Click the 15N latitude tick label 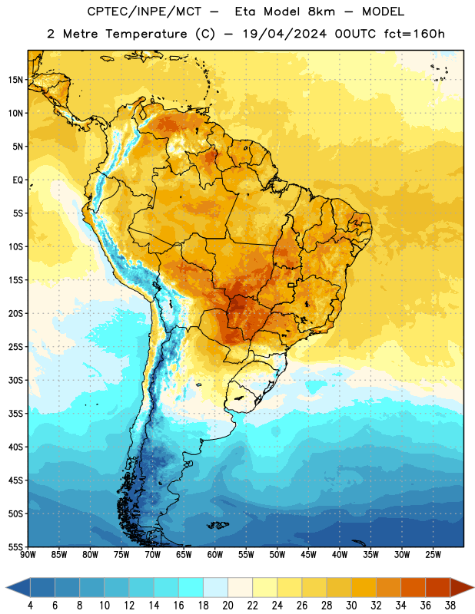point(15,80)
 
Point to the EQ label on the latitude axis point(18,180)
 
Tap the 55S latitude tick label point(15,546)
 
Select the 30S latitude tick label point(15,380)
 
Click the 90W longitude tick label point(28,555)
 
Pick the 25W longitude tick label point(433,555)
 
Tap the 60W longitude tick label point(215,555)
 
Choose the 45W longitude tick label point(308,555)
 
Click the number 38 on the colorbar point(450,605)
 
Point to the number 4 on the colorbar point(30,605)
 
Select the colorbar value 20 point(228,605)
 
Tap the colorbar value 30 point(351,605)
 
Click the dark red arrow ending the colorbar point(461,587)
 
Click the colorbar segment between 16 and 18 point(191,587)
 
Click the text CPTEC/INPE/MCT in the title point(144,12)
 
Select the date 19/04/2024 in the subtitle point(284,34)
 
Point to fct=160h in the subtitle point(414,34)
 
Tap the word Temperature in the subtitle point(146,35)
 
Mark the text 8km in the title point(321,12)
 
